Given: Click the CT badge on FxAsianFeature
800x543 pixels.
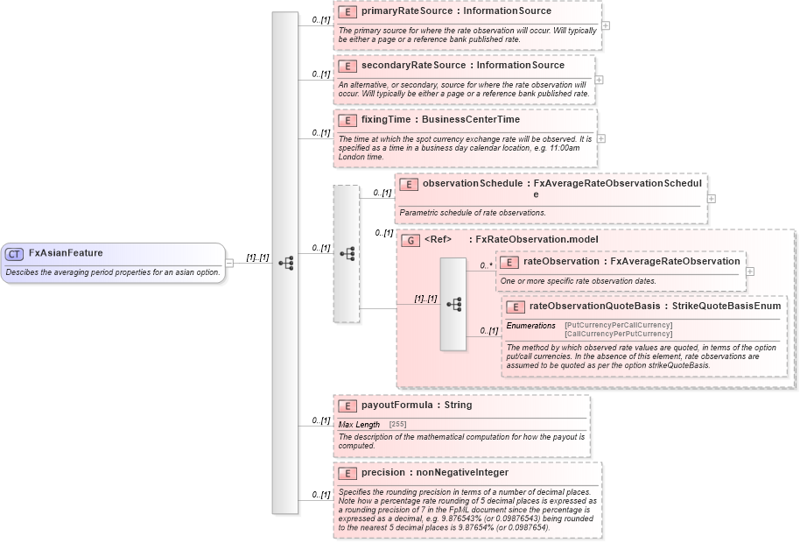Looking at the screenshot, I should (x=14, y=254).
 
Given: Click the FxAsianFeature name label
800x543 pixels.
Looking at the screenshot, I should (x=66, y=253).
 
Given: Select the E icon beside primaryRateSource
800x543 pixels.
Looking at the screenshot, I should (x=347, y=12).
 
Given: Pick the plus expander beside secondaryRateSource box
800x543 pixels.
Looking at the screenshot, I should (x=599, y=80).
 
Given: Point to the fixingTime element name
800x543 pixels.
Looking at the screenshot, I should (x=389, y=119).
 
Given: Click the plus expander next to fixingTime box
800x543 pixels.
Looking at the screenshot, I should (x=601, y=138).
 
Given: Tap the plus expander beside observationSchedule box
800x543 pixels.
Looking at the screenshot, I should (x=711, y=198).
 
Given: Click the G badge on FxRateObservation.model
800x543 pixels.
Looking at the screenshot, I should (x=409, y=239).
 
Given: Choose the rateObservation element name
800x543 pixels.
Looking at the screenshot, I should (x=562, y=261).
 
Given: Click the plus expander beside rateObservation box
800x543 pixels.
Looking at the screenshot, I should (x=750, y=271).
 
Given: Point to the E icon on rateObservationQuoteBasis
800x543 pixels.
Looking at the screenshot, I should (x=515, y=307).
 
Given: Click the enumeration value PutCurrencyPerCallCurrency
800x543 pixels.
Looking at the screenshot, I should (x=618, y=326).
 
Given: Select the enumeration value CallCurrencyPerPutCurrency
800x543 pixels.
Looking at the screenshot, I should (x=618, y=335).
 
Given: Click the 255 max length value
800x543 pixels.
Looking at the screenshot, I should (x=396, y=425).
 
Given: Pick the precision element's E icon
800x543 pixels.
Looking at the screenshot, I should (x=347, y=473).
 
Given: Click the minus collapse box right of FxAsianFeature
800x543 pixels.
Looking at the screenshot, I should (x=229, y=262).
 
